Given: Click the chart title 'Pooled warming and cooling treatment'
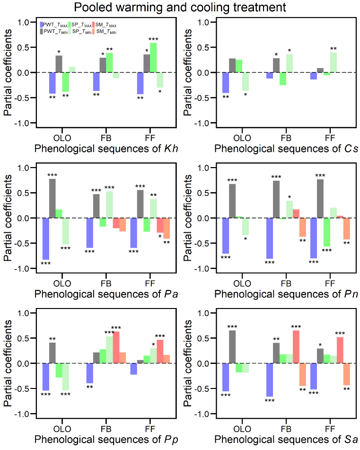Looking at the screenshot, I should (180, 8).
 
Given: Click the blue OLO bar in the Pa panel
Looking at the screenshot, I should (46, 238).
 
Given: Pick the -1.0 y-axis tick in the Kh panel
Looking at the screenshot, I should (22, 124).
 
